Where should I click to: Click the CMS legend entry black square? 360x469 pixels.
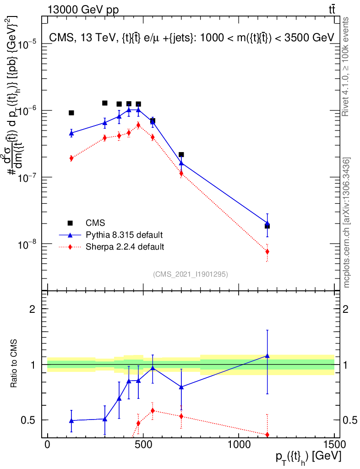(x=70, y=223)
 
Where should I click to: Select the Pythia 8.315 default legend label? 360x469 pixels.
(x=124, y=235)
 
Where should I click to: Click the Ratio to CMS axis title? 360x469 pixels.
(x=15, y=365)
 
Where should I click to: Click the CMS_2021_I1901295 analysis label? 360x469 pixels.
(x=191, y=274)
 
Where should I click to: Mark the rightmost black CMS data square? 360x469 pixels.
(x=267, y=226)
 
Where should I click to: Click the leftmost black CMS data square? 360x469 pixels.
(x=71, y=113)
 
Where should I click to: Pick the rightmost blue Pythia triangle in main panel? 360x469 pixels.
(x=267, y=223)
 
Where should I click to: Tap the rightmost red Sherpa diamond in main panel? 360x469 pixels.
(x=267, y=251)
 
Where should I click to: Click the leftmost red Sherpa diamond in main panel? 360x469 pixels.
(x=71, y=158)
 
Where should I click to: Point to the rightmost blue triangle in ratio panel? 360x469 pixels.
(x=267, y=355)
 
